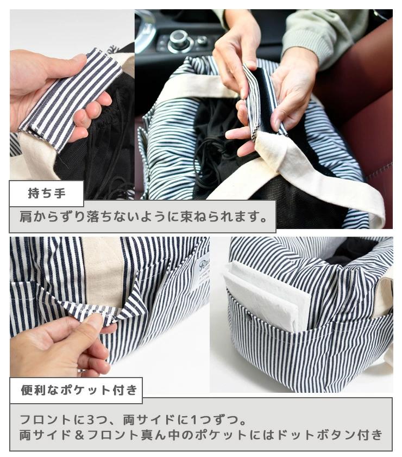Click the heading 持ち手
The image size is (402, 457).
coord(47,193)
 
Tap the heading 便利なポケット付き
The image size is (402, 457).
coord(79,390)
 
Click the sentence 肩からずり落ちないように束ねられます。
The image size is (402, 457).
coord(143,217)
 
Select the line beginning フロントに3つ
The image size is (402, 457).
coord(133,419)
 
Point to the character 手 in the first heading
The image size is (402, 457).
coord(60,193)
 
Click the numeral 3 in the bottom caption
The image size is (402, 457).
coord(91,420)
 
